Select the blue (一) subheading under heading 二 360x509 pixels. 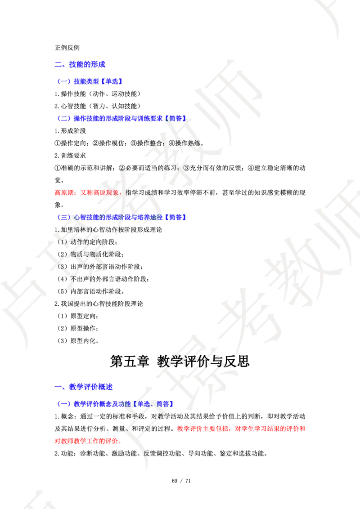(x=90, y=81)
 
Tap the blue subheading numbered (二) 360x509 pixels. (x=121, y=119)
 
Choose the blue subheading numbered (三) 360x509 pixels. (x=122, y=218)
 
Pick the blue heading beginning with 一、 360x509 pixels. (x=84, y=387)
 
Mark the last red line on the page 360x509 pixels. (x=88, y=442)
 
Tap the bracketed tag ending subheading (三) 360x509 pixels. (x=176, y=218)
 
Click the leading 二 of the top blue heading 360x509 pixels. (x=57, y=65)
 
